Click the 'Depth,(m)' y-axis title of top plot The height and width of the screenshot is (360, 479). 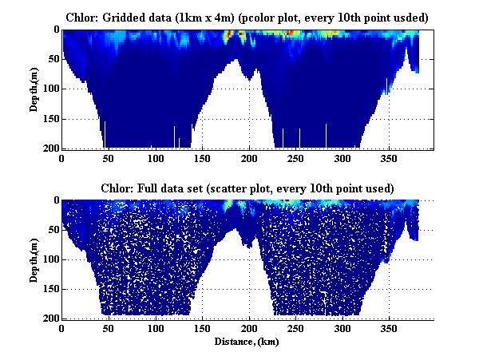point(34,89)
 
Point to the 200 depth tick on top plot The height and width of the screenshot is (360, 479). point(49,148)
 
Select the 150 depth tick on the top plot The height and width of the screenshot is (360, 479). point(49,119)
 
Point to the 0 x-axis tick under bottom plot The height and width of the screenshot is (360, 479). point(62,328)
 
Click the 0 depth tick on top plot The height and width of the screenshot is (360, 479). point(55,30)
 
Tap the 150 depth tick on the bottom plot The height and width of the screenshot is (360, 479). point(49,289)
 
